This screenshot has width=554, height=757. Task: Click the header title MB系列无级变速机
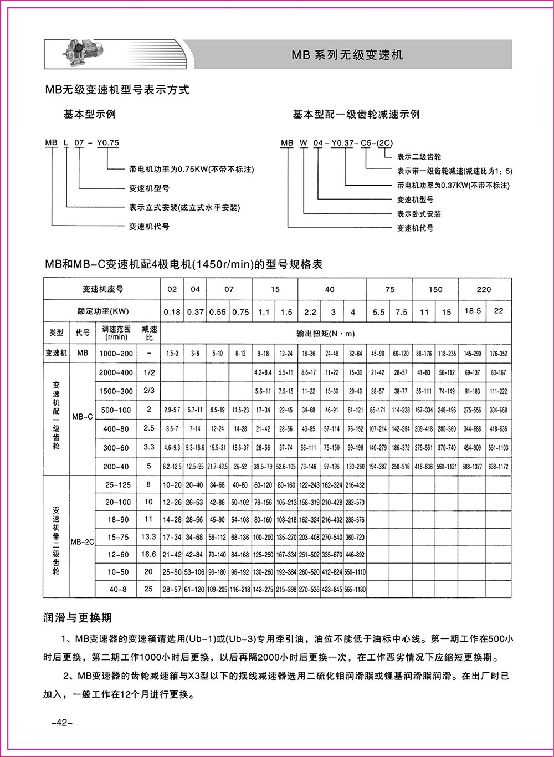347,55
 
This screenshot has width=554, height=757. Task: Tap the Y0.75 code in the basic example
108,143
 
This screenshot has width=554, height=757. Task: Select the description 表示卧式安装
419,213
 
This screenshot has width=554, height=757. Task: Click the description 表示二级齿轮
419,157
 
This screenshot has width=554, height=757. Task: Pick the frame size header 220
483,289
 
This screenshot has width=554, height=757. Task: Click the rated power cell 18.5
471,311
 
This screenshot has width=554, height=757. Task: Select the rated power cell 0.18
172,312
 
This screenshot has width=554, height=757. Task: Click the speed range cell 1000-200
116,353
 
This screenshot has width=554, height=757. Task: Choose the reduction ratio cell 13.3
148,537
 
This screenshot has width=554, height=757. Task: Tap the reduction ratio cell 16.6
148,554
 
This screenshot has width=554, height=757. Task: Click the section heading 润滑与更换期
78,617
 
